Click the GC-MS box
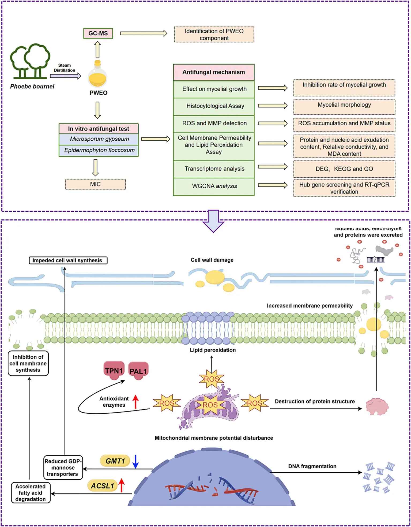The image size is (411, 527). pos(98,33)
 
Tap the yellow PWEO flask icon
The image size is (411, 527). pos(97,76)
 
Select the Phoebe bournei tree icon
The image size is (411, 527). pos(30,61)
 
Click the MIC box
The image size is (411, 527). pos(95,184)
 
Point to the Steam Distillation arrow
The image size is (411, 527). pos(65,76)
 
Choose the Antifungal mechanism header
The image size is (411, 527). pos(213,72)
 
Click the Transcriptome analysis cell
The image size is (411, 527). pos(214,169)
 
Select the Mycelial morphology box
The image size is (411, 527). pos(344,106)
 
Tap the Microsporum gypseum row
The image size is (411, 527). pos(99,139)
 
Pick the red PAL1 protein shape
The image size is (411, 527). pos(138,371)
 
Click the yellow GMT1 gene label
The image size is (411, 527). pos(115,461)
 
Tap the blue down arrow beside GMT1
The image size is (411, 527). pos(135,461)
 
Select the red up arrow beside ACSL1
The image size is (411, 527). pos(122,485)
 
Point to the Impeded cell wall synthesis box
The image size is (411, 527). pos(68,260)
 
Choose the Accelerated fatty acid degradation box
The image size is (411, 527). pos(31,493)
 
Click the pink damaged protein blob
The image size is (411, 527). pos(377,406)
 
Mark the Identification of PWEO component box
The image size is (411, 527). pos(214,35)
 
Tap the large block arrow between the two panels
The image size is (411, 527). pos(213,221)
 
